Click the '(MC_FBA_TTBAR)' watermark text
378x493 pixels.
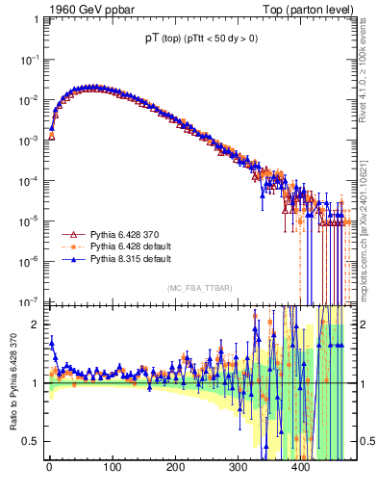pyautogui.click(x=197, y=288)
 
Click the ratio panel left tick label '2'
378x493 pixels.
pyautogui.click(x=37, y=324)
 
